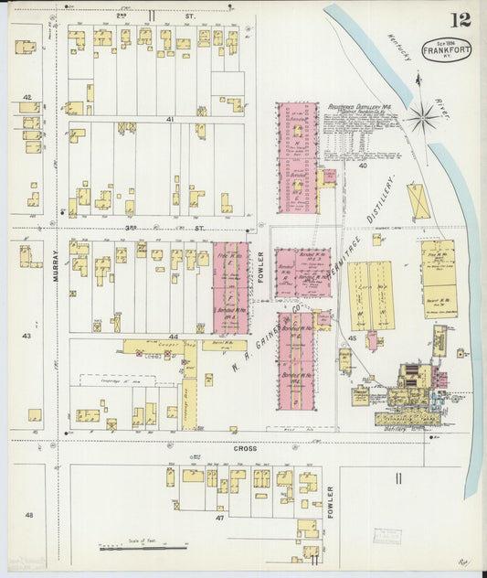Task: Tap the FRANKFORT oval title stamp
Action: click(x=447, y=49)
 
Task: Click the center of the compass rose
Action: click(x=422, y=116)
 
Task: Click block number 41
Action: click(x=169, y=119)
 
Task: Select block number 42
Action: click(x=26, y=97)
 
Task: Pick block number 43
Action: click(x=26, y=336)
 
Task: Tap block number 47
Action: click(x=220, y=518)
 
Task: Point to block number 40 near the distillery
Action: click(x=362, y=166)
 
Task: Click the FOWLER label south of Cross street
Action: click(x=330, y=501)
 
